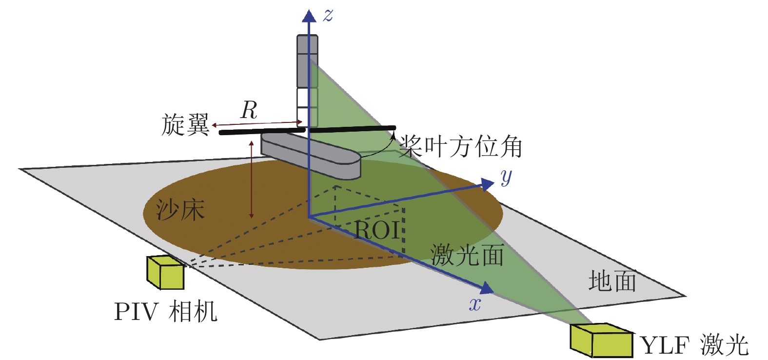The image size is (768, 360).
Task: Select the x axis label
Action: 475,304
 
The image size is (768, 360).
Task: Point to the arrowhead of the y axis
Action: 488,183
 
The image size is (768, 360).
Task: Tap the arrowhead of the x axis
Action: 487,288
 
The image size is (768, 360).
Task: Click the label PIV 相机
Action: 165,311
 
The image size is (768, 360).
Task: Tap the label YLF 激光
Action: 694,345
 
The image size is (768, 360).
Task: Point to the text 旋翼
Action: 185,125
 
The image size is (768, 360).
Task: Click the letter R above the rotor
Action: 249,111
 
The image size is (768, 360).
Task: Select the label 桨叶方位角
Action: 461,146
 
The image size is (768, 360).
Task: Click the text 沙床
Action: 180,210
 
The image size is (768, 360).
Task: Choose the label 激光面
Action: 467,255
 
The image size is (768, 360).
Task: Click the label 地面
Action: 612,281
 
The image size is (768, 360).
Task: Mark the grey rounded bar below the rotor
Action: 311,155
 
